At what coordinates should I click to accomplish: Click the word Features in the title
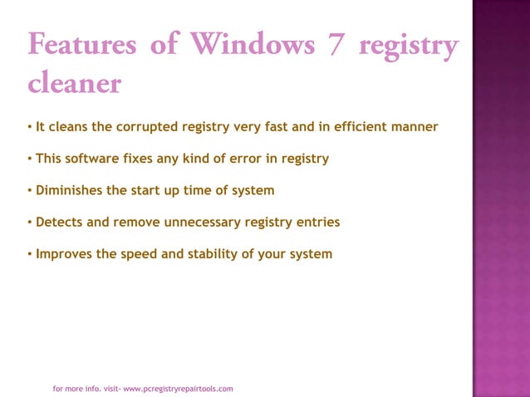[x=82, y=44]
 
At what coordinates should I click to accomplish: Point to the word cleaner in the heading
[x=75, y=83]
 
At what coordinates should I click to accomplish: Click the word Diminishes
[x=69, y=190]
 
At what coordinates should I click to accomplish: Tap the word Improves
[x=64, y=253]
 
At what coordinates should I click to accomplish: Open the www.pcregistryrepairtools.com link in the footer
[x=178, y=388]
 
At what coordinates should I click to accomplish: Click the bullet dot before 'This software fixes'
[x=29, y=159]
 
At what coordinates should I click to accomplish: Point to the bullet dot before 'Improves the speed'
[x=29, y=253]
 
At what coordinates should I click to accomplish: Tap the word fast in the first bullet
[x=281, y=127]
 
